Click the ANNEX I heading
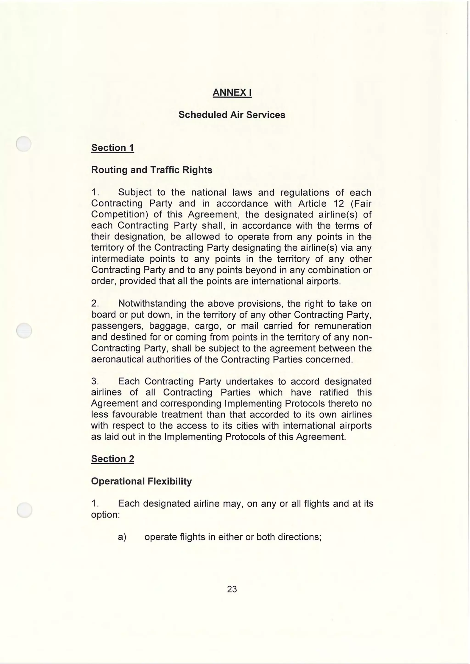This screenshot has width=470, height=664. pyautogui.click(x=232, y=93)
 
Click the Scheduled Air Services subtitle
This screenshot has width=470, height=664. pyautogui.click(x=232, y=115)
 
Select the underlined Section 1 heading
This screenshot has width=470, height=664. pyautogui.click(x=113, y=148)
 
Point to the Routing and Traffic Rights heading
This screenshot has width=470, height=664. pyautogui.click(x=152, y=170)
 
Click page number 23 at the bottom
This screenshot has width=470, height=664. pyautogui.click(x=232, y=589)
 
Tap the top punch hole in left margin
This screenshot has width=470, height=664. pyautogui.click(x=23, y=144)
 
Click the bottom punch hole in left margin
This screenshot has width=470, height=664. pyautogui.click(x=24, y=510)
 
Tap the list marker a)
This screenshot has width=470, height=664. pyautogui.click(x=122, y=537)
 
